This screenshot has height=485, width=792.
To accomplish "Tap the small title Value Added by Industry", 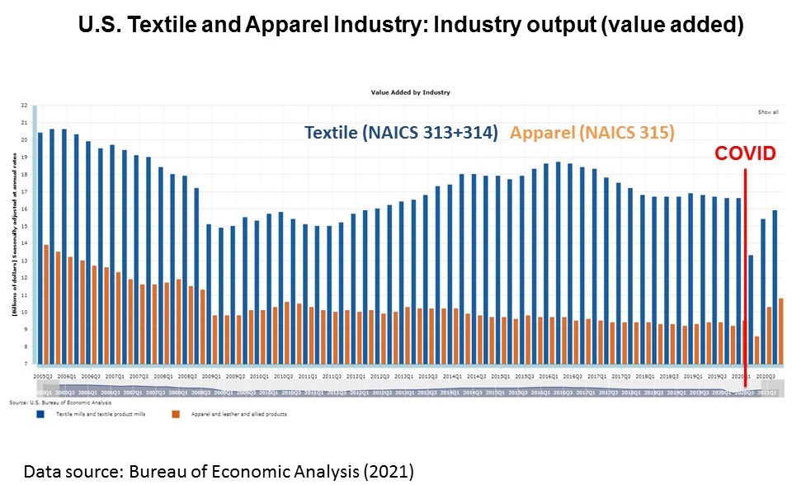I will coord(410,92).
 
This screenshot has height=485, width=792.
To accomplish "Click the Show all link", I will coord(767,111).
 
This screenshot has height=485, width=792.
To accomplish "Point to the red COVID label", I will coord(745,153).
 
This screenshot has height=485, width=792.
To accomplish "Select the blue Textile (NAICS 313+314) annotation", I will coord(401,132).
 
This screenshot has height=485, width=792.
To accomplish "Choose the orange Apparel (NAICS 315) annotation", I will coord(592,132).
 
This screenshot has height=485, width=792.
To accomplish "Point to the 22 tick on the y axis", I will coord(23,106).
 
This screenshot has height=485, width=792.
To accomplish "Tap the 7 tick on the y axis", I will coord(24,364).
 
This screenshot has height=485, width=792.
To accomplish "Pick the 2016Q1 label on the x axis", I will coord(550,375).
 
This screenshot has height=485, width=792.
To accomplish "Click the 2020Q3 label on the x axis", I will coord(766,375).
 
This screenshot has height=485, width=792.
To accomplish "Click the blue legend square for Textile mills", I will coord(40,413).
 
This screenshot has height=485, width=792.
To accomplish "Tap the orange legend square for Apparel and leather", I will coord(174,413).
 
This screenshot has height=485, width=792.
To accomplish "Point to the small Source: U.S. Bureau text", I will coord(49,402).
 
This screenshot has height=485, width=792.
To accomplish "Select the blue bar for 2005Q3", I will coord(40,247).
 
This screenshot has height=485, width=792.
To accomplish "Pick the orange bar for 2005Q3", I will coord(46,304).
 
